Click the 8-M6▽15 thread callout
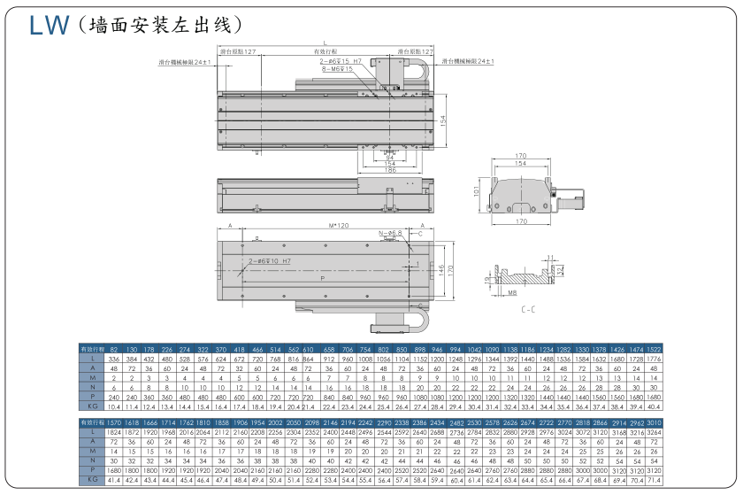(x=337, y=68)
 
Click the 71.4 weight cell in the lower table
(x=653, y=479)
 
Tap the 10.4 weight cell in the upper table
(x=113, y=406)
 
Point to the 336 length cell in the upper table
(x=113, y=360)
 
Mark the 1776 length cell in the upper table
(x=653, y=360)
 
